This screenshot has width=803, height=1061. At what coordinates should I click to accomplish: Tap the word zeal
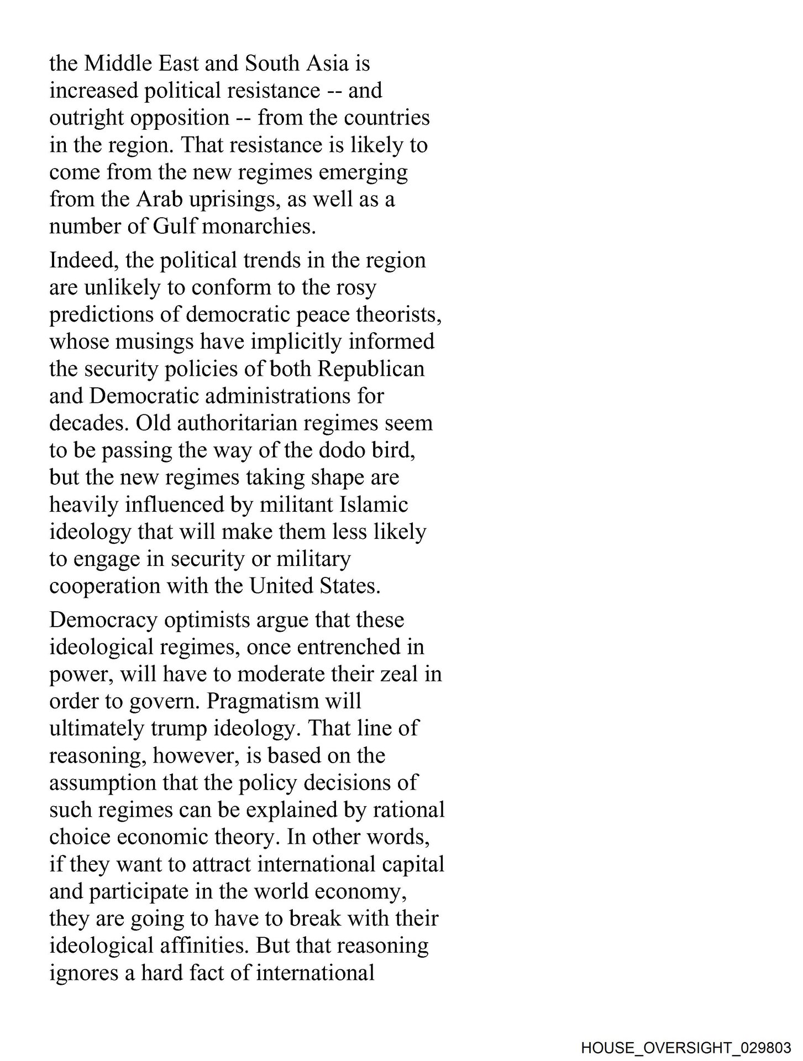coord(402,674)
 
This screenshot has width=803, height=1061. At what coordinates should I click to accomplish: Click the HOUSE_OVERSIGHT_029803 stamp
coord(686,1047)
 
